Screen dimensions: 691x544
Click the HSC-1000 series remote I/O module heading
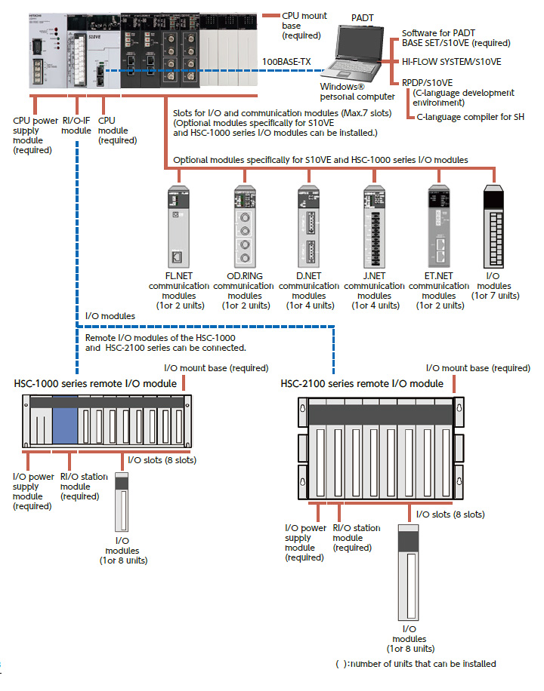pyautogui.click(x=95, y=384)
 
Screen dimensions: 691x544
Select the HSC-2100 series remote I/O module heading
pyautogui.click(x=362, y=384)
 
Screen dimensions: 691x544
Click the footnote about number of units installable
pyautogui.click(x=416, y=664)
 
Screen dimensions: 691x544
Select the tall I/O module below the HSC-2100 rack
pyautogui.click(x=409, y=573)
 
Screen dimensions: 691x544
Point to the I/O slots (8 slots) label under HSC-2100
pyautogui.click(x=450, y=514)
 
